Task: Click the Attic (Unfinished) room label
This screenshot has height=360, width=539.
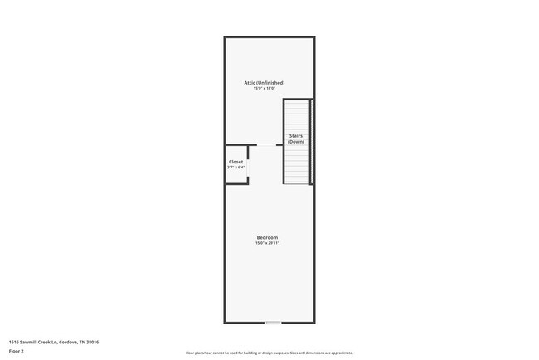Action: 265,83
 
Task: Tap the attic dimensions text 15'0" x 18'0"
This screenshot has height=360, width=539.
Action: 265,89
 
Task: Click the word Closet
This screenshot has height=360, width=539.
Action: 236,162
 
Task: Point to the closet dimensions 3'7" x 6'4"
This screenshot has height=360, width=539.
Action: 236,168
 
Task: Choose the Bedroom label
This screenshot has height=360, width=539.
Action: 267,238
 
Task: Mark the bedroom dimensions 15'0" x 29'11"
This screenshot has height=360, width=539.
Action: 267,244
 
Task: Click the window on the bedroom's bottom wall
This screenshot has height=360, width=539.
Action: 272,323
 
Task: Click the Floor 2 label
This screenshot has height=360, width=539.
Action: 17,351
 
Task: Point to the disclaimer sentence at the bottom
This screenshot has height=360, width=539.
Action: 269,353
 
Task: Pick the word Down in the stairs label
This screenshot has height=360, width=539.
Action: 296,142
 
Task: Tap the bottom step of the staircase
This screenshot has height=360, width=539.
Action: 296,181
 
